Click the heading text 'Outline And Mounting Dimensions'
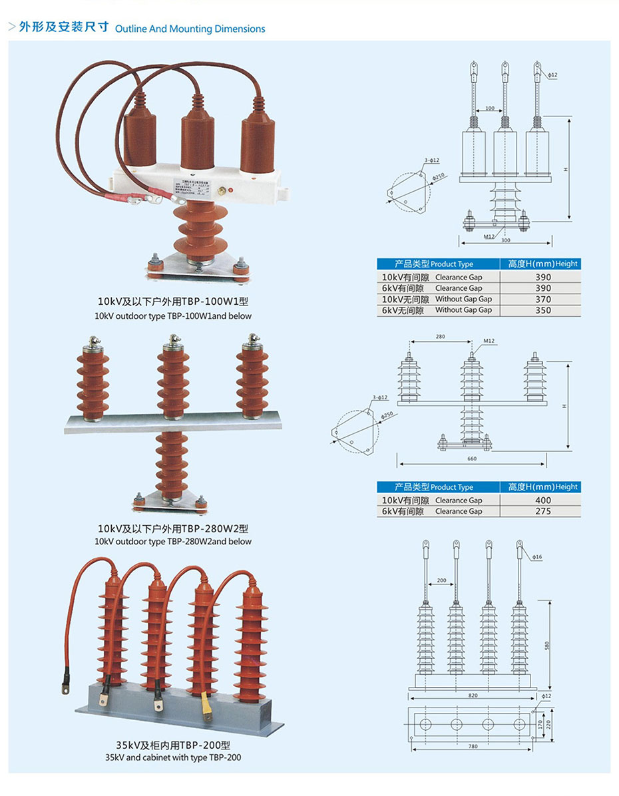[190, 29]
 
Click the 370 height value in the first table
[543, 299]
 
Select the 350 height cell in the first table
[543, 310]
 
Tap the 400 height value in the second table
[543, 500]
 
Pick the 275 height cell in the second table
[543, 511]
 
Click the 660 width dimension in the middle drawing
[472, 459]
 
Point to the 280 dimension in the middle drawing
[440, 337]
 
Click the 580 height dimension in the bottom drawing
[547, 646]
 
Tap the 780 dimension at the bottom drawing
[472, 747]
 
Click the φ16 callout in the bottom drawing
[537, 556]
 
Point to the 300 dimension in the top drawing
[505, 240]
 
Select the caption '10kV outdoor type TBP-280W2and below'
[173, 541]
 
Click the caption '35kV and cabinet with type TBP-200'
[172, 757]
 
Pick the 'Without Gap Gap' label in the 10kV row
[463, 299]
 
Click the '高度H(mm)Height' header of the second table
[543, 487]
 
